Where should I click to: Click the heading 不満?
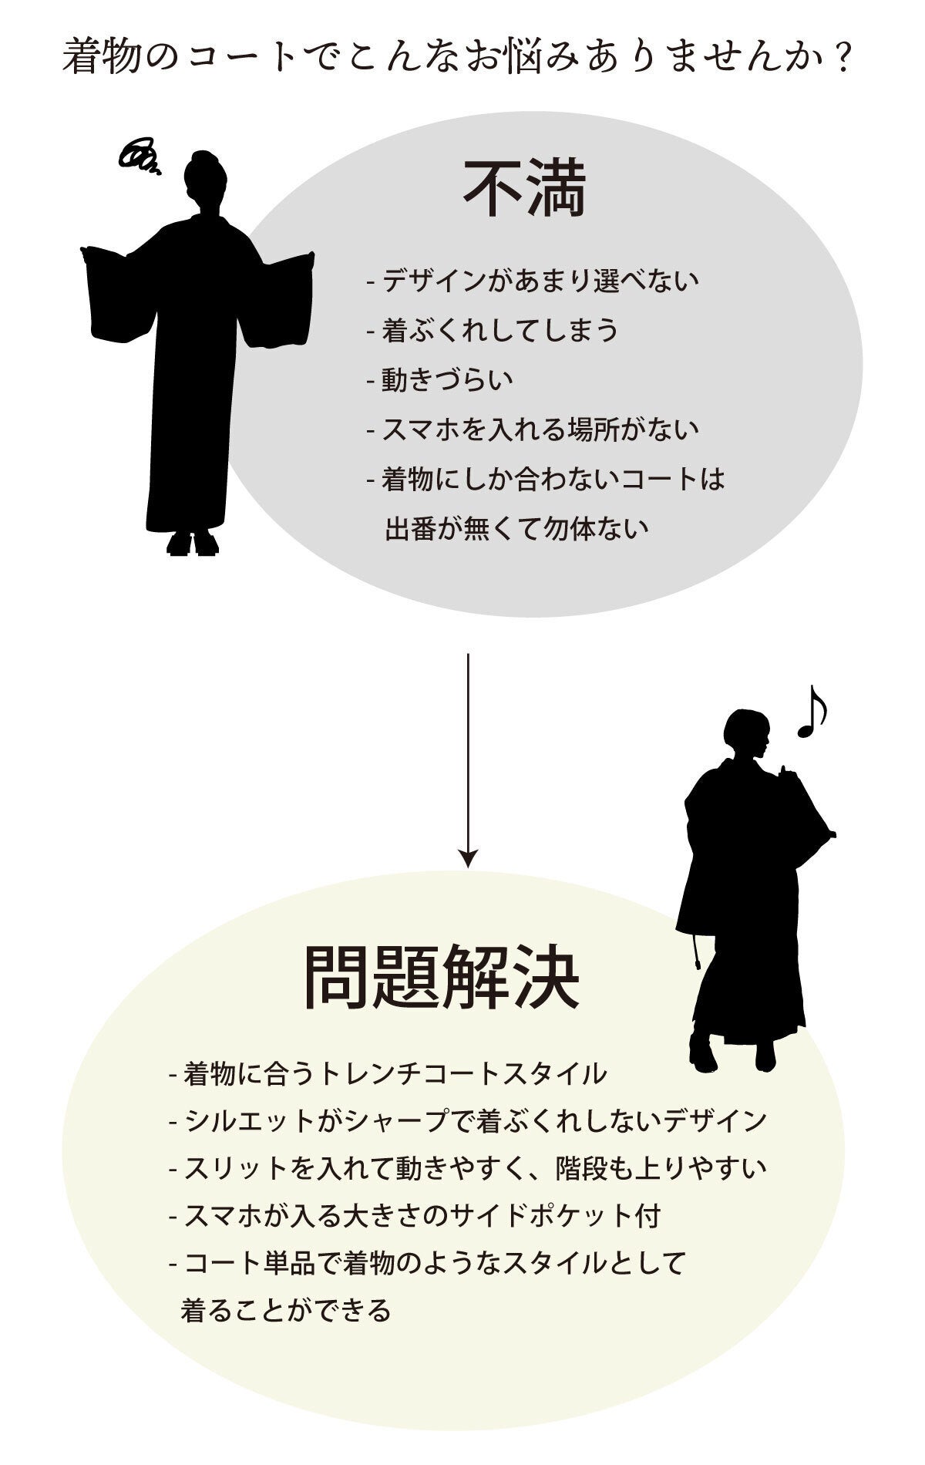(x=525, y=189)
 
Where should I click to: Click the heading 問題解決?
(x=442, y=977)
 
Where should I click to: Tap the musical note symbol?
(x=812, y=711)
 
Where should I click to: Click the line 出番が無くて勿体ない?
(x=516, y=530)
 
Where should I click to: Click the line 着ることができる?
(x=286, y=1311)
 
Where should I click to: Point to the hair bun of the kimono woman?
(x=202, y=157)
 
